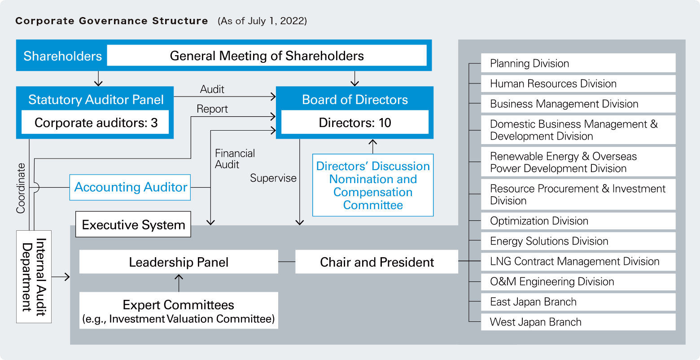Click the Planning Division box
click(578, 63)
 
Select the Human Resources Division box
click(578, 83)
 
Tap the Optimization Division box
click(578, 221)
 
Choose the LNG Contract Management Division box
click(578, 261)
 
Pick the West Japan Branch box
click(578, 322)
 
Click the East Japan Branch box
click(578, 302)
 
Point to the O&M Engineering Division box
click(578, 281)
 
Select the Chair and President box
click(376, 262)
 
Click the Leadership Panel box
click(179, 262)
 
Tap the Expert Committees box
click(179, 311)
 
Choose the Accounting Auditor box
click(130, 187)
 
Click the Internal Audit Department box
click(34, 277)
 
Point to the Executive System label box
click(133, 224)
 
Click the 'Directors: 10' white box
click(355, 123)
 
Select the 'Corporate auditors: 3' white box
click(96, 123)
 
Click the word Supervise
click(273, 178)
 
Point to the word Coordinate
click(21, 188)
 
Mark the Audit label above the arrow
click(212, 89)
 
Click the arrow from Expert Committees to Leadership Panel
click(179, 283)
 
